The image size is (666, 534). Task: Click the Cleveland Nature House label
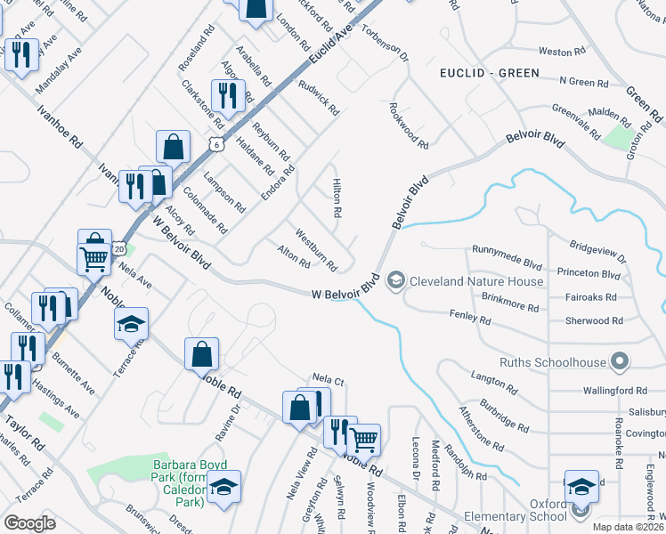(475, 281)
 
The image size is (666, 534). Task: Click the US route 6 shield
(216, 143)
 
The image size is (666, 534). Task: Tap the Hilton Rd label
(337, 198)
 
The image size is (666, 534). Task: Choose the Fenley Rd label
(470, 318)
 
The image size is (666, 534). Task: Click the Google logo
(30, 522)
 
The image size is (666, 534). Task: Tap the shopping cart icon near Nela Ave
(93, 258)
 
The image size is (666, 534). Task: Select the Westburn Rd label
(316, 252)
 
